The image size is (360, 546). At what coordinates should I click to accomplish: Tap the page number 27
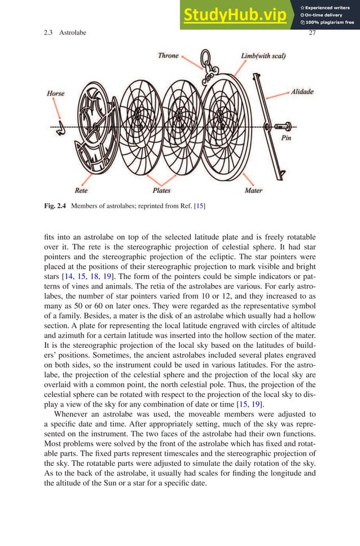pyautogui.click(x=312, y=33)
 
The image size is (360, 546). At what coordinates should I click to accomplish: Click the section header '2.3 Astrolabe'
pyautogui.click(x=65, y=33)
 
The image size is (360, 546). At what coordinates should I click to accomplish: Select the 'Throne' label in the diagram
pyautogui.click(x=168, y=55)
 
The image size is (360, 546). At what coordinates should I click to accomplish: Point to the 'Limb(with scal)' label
pyautogui.click(x=263, y=56)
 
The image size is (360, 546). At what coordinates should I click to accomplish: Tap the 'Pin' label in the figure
pyautogui.click(x=286, y=138)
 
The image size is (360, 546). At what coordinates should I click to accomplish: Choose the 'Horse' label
pyautogui.click(x=55, y=93)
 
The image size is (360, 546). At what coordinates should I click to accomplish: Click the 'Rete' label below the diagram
pyautogui.click(x=81, y=190)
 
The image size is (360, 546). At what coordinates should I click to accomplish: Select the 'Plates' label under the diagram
pyautogui.click(x=161, y=190)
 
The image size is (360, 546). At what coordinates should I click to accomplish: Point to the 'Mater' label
pyautogui.click(x=253, y=190)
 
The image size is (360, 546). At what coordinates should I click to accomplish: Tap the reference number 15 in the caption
pyautogui.click(x=198, y=206)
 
